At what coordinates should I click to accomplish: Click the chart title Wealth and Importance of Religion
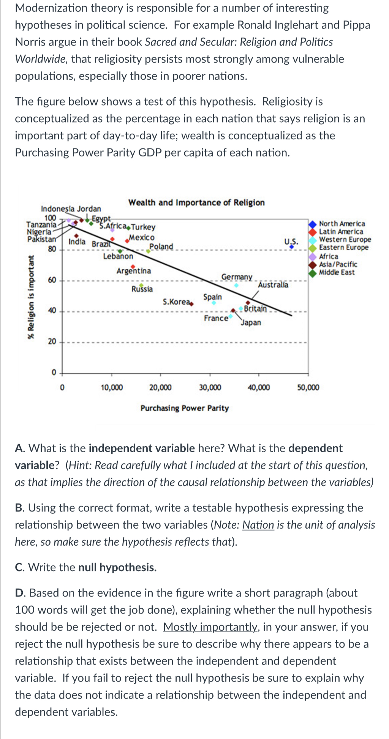[196, 202]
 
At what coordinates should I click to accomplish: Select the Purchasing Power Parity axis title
[185, 408]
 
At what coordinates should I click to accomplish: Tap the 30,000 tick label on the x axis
[210, 387]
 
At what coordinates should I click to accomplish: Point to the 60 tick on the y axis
[52, 280]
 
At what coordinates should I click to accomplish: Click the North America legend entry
[342, 224]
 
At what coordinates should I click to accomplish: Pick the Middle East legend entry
[337, 272]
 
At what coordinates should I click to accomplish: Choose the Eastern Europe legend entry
[343, 248]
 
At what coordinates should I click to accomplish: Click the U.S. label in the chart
[291, 242]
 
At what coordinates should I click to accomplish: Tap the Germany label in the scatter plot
[237, 277]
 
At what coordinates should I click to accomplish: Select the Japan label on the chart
[251, 323]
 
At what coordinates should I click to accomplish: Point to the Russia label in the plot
[142, 289]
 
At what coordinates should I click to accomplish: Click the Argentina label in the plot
[134, 271]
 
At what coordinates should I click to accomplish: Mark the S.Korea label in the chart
[176, 302]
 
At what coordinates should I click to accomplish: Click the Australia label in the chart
[273, 285]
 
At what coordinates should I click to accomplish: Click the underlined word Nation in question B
[258, 525]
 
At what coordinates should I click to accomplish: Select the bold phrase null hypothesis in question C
[117, 567]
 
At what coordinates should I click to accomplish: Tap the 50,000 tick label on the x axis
[308, 387]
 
